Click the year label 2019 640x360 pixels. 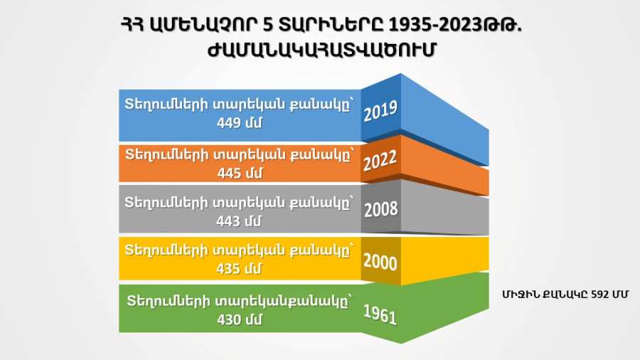click(380, 110)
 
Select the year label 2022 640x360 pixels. click(380, 160)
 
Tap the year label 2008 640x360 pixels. click(381, 209)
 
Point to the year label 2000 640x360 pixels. click(380, 262)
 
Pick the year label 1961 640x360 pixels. click(380, 314)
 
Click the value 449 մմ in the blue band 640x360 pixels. click(239, 122)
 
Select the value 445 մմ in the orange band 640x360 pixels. click(240, 173)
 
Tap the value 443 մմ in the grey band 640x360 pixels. click(239, 221)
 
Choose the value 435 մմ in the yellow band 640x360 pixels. click(239, 268)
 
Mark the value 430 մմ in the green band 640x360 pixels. click(239, 319)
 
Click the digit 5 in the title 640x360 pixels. click(268, 26)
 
